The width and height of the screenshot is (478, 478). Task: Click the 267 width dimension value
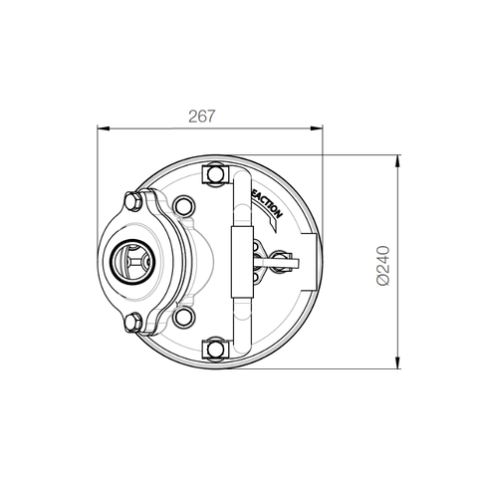pyautogui.click(x=202, y=116)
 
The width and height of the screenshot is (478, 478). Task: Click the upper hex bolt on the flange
pyautogui.click(x=131, y=203)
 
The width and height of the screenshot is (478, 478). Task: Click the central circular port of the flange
pyautogui.click(x=130, y=262)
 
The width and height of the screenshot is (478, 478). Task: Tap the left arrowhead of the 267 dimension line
pyautogui.click(x=101, y=128)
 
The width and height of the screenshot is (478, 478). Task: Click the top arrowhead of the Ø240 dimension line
pyautogui.click(x=398, y=158)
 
